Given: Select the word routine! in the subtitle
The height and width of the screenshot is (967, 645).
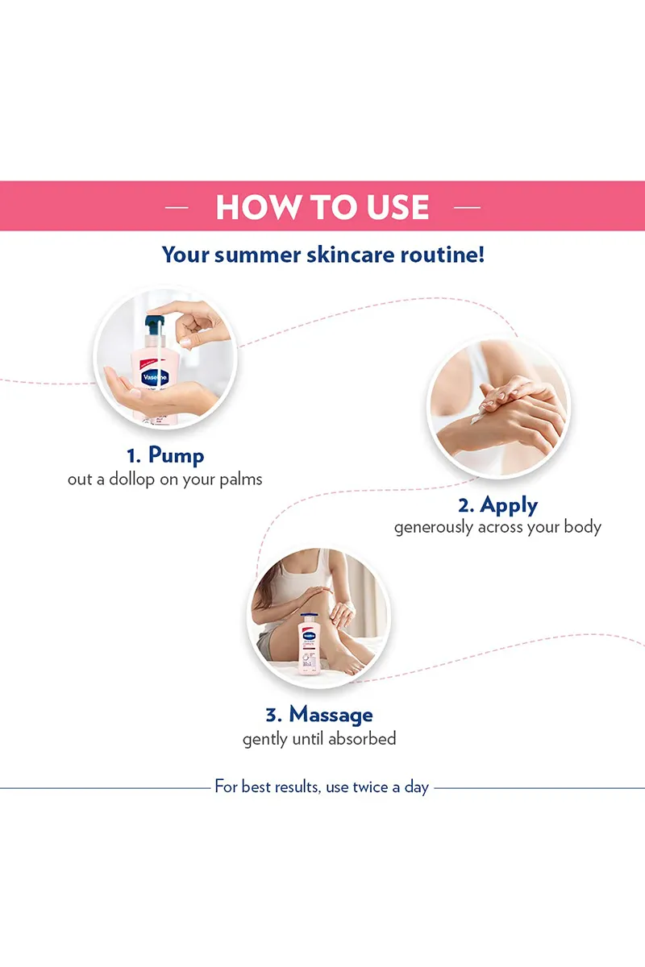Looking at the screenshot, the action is point(443,255).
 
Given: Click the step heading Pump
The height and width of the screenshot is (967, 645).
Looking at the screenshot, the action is point(177,456).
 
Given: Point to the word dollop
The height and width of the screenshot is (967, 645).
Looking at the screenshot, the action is point(131,479).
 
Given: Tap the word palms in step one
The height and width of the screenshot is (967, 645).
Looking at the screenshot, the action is point(240,479).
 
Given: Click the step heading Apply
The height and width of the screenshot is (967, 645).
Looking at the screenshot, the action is point(509,505).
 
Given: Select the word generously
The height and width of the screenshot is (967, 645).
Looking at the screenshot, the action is point(433,528).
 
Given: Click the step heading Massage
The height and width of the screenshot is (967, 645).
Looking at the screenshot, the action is point(331,715).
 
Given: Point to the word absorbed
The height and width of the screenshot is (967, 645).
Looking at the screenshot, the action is point(362,739).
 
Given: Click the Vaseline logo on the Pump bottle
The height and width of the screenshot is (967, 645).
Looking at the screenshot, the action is point(155,377).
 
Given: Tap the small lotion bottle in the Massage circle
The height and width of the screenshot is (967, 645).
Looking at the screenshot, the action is point(310,644).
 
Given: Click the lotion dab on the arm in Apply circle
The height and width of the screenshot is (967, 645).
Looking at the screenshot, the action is point(476,417).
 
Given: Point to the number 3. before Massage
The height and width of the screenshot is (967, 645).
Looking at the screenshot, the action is point(274,716).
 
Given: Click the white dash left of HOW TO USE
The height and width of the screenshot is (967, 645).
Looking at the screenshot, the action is point(177,208).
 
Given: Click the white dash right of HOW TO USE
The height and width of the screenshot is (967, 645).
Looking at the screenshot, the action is point(467,208).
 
